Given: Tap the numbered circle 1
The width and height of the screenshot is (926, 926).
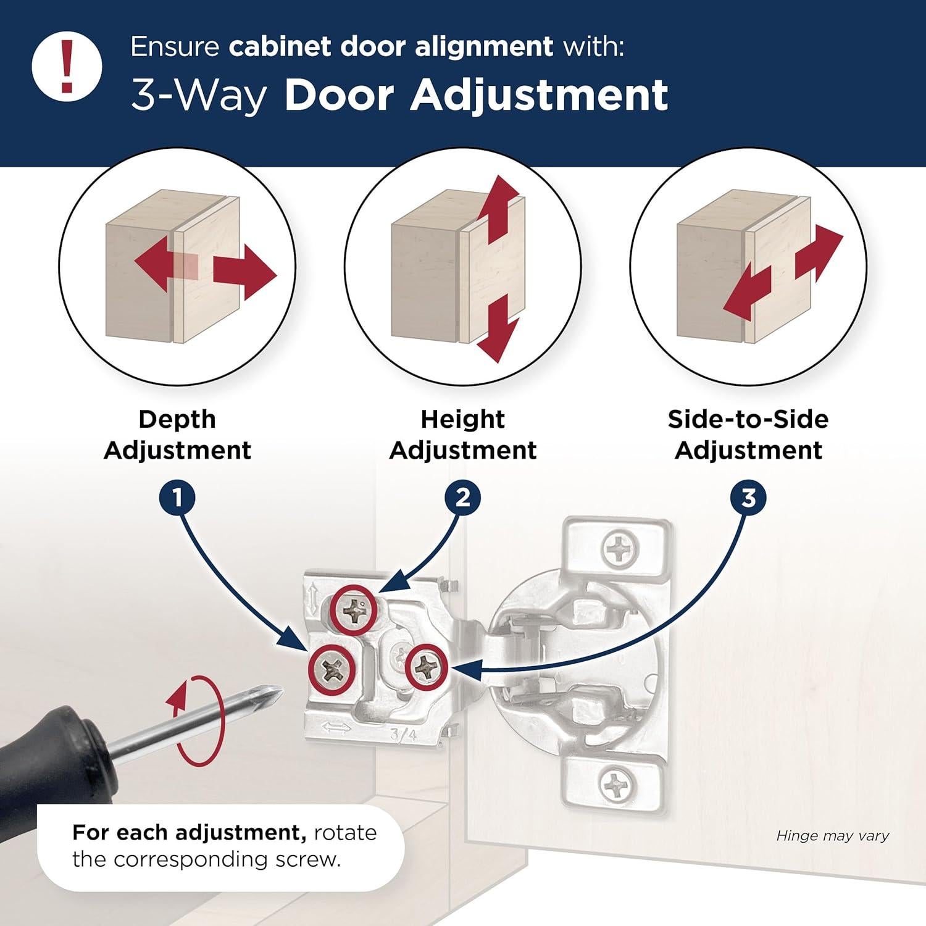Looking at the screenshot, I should pos(177,498).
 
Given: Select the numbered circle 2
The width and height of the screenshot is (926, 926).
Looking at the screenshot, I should pos(462,498).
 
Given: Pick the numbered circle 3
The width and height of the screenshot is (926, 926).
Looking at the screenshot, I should pos(748,498).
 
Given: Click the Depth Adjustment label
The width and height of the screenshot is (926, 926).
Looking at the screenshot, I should pos(177,435).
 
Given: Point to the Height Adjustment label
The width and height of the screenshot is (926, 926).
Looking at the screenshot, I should pos(462,435).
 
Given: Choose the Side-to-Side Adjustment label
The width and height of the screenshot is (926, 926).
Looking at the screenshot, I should pos(748,435).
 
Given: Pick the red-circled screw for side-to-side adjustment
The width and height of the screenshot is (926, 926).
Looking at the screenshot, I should pos(426,665).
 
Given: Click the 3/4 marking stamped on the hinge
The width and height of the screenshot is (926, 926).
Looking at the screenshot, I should pos(403,735).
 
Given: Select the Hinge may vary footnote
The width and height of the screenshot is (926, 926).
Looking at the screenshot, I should pos(832,836).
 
